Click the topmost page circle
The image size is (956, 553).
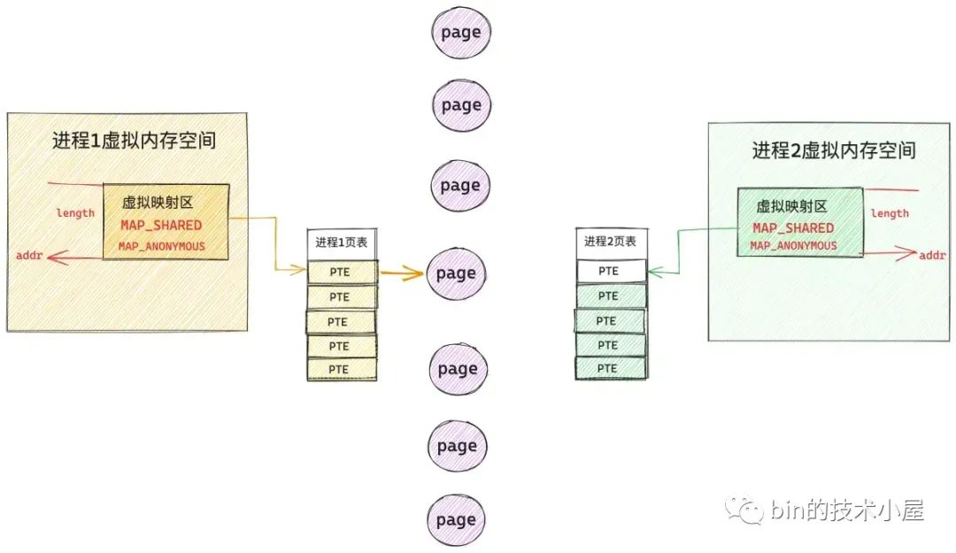point(460,33)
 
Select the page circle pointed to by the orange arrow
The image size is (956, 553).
point(458,273)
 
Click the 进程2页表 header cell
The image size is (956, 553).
point(610,242)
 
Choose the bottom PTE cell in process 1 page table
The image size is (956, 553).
point(341,369)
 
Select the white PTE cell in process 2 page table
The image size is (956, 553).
point(610,271)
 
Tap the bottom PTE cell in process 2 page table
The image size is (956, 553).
point(609,368)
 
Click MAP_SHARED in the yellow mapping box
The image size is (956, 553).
point(161,226)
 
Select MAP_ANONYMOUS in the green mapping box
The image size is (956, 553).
point(793,246)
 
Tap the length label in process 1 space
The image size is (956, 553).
point(75,213)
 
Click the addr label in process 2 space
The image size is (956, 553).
point(932,256)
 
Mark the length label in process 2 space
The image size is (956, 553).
point(890,213)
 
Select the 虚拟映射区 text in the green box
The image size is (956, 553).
point(790,206)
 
